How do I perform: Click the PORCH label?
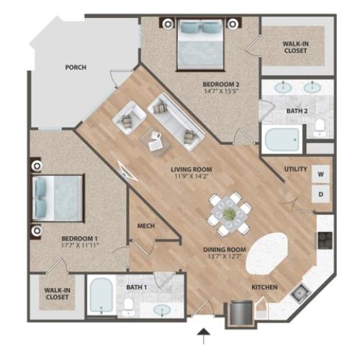pyautogui.click(x=75, y=68)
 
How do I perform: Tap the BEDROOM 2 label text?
pyautogui.click(x=220, y=84)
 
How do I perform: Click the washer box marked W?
pyautogui.click(x=320, y=174)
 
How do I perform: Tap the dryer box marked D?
pyautogui.click(x=320, y=194)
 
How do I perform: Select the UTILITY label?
pyautogui.click(x=297, y=169)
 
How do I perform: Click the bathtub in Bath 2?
pyautogui.click(x=282, y=138)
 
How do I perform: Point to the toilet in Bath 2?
pyautogui.click(x=319, y=130)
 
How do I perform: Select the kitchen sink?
pyautogui.click(x=299, y=293)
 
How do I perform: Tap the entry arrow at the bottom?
pyautogui.click(x=204, y=333)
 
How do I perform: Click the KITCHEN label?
pyautogui.click(x=264, y=287)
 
